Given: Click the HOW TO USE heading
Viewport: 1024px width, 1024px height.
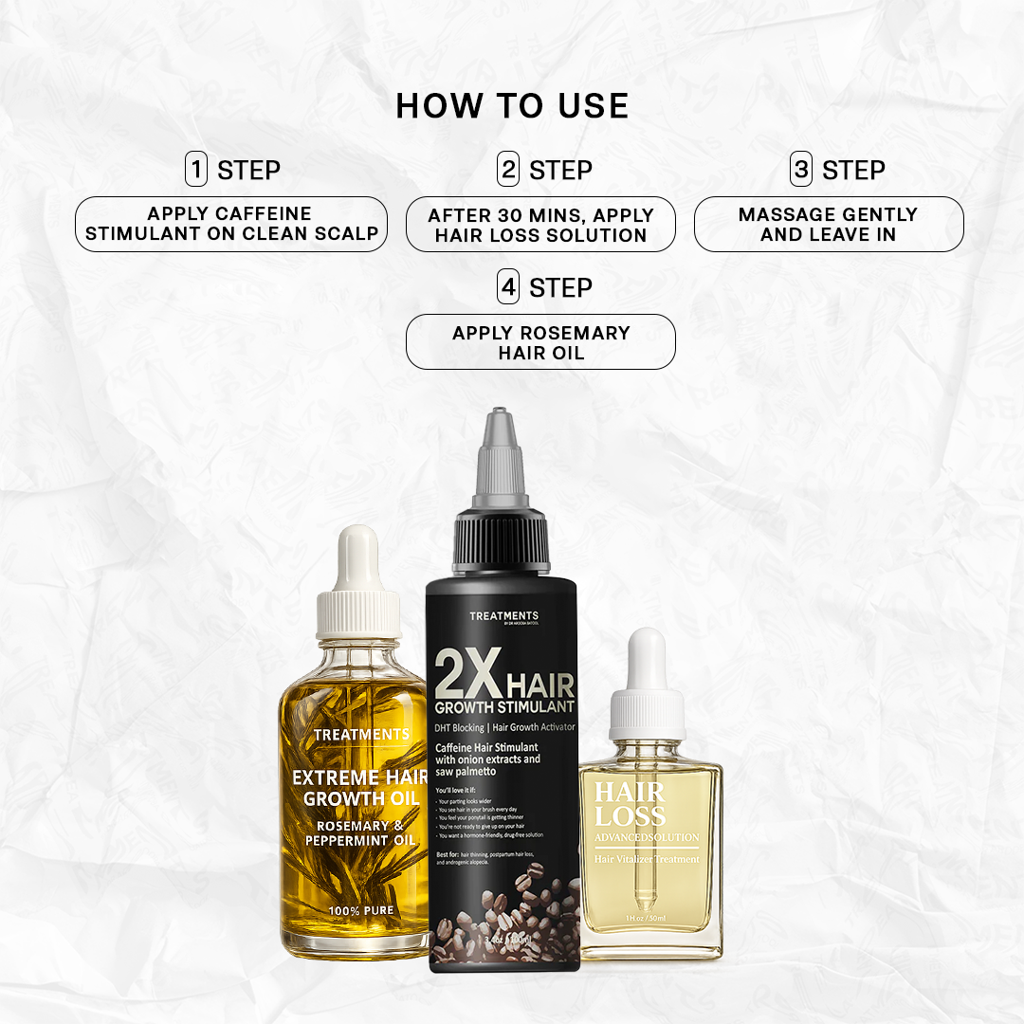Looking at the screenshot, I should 512,106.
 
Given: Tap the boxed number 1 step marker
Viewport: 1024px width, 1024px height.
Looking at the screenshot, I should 196,170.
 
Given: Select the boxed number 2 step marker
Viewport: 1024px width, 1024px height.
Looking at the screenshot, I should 509,170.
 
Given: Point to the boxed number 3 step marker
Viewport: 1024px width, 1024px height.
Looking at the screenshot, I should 802,170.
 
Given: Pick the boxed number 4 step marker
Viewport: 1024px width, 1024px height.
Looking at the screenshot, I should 509,287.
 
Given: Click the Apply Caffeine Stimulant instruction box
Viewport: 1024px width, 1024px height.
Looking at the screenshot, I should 231,224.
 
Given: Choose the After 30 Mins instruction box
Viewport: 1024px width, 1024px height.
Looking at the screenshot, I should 540,225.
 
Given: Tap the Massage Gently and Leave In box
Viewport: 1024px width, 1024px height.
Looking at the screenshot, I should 829,225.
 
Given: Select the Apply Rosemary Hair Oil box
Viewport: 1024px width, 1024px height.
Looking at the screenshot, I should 540,342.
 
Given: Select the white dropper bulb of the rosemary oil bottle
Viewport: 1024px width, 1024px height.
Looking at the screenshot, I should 357,559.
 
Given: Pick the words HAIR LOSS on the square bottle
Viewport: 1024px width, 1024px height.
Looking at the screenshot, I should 631,804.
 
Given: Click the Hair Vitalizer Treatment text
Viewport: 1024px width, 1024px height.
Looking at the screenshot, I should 647,859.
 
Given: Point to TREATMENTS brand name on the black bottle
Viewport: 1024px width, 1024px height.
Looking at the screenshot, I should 503,616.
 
